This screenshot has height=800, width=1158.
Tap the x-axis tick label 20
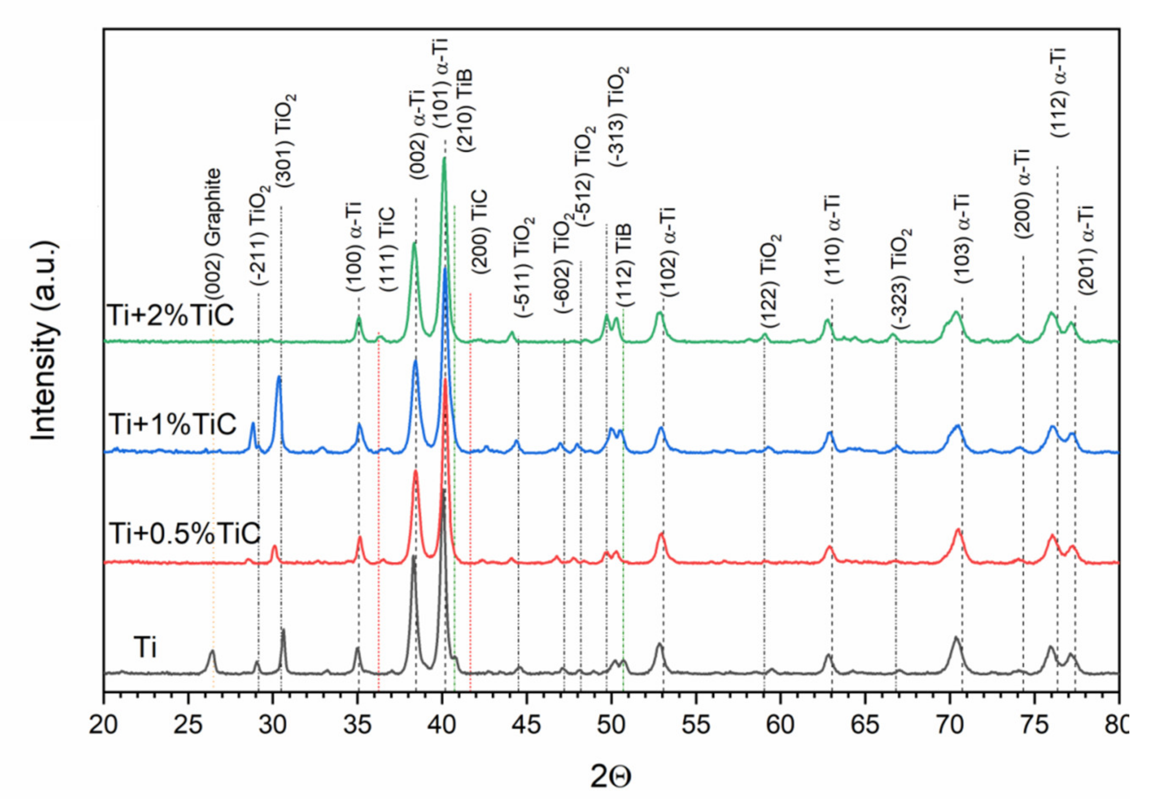tap(104, 725)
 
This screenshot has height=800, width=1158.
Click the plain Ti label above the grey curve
tap(145, 648)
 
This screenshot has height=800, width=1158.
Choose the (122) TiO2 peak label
tap(772, 281)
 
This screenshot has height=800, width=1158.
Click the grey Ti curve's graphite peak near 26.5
tap(212, 652)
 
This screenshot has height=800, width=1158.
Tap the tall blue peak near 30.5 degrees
tap(279, 378)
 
